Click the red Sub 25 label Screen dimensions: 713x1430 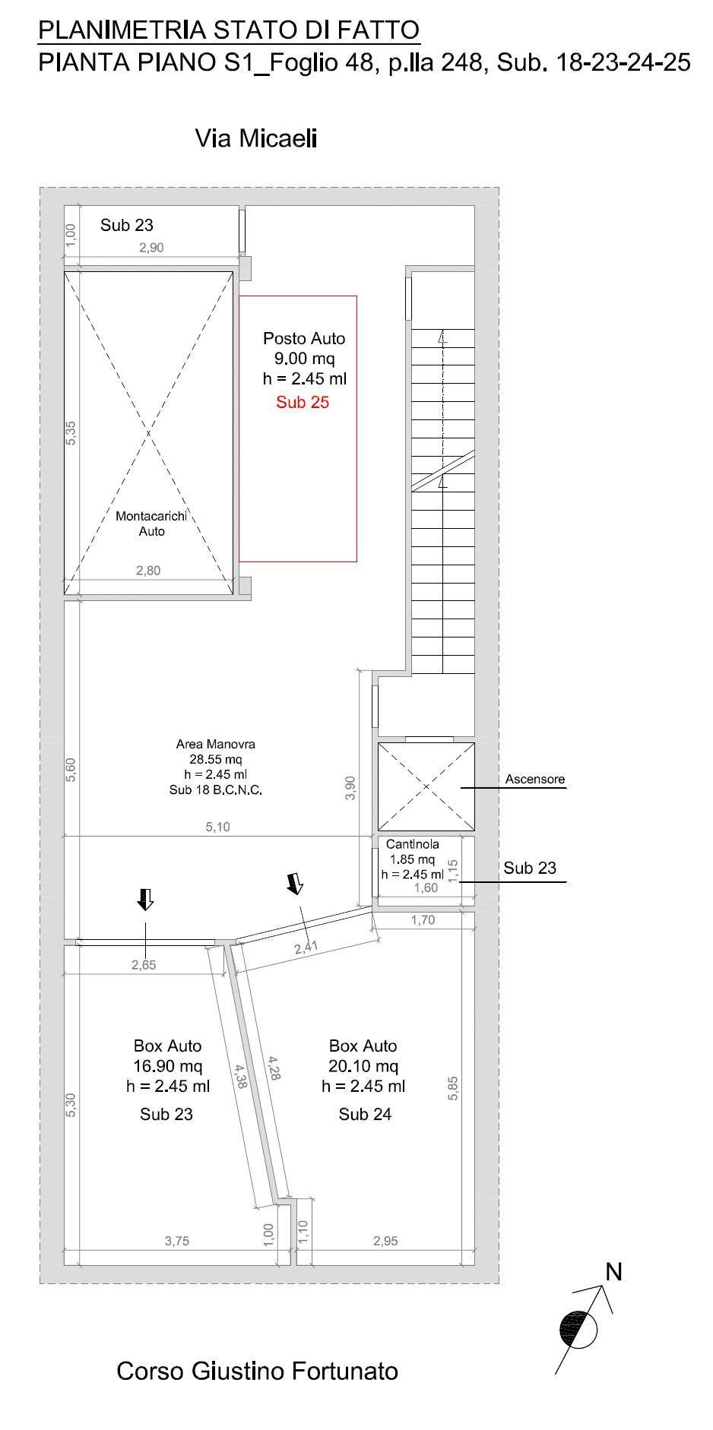(x=303, y=402)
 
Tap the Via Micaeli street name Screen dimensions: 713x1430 (x=256, y=138)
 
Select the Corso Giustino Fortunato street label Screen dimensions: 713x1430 (x=257, y=1371)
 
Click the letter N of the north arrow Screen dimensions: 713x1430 (x=613, y=1271)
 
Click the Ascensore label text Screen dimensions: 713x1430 (x=535, y=779)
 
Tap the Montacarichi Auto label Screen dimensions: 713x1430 (x=151, y=524)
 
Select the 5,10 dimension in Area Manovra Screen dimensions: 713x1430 (x=217, y=827)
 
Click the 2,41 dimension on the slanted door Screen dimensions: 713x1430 (x=306, y=947)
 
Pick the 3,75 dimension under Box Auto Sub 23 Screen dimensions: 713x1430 (x=177, y=1241)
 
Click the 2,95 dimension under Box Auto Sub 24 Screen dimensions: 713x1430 (x=385, y=1241)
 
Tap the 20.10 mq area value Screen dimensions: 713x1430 (x=363, y=1066)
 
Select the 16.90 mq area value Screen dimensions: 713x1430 (x=168, y=1066)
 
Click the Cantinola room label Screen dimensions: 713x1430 (x=413, y=844)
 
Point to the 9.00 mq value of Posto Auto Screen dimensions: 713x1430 (x=304, y=359)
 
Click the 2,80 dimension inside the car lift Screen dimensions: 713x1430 (x=148, y=571)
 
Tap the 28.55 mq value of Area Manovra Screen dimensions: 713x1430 (x=216, y=759)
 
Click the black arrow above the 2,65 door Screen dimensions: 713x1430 (x=145, y=899)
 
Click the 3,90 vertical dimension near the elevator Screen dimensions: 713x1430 (x=350, y=787)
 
